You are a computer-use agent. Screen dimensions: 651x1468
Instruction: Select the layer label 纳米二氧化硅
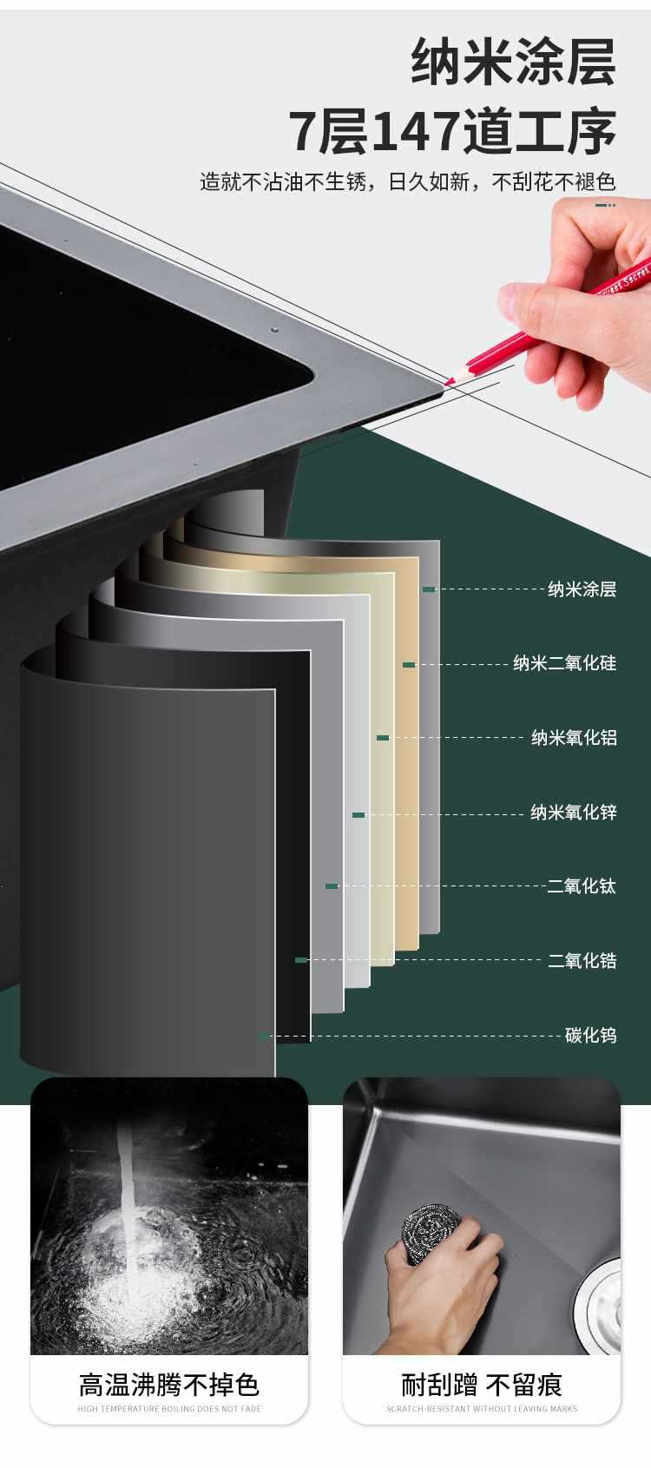(x=564, y=664)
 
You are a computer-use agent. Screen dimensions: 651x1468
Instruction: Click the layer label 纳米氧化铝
(x=574, y=738)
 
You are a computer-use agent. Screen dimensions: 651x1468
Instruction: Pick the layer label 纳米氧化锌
(x=574, y=813)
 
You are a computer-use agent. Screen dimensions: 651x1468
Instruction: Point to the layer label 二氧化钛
(x=582, y=886)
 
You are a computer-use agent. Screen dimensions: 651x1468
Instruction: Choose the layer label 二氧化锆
(x=582, y=961)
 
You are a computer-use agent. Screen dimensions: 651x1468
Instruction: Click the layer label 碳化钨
(x=590, y=1035)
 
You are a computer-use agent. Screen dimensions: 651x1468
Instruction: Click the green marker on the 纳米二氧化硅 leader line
(x=409, y=665)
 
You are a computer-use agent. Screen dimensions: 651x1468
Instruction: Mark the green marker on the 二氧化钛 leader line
(x=332, y=886)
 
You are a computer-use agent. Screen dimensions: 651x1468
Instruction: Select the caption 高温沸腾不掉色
(x=169, y=1385)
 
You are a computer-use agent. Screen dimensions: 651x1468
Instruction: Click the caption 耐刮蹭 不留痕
(x=482, y=1385)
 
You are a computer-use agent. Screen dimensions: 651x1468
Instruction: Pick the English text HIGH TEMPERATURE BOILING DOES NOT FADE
(x=169, y=1409)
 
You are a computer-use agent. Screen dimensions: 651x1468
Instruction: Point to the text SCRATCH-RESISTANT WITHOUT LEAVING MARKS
(x=482, y=1409)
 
